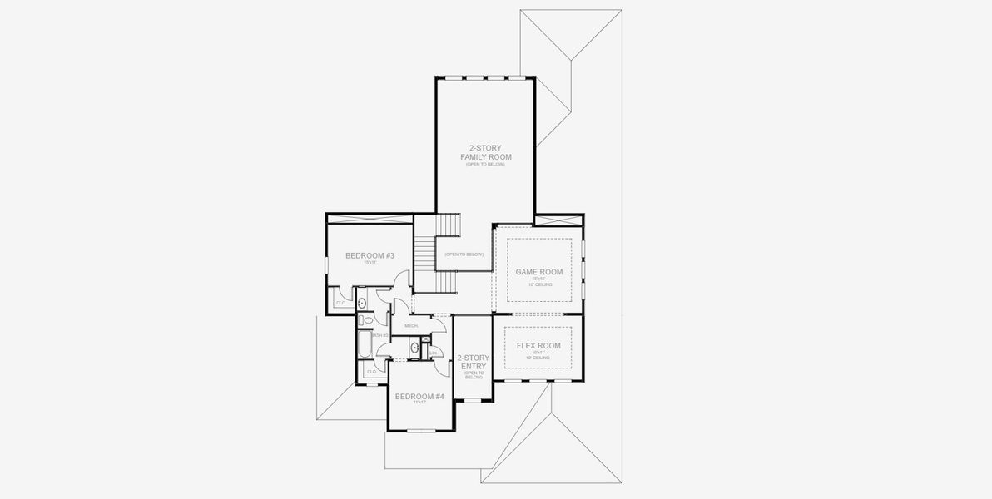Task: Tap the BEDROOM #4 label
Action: click(x=419, y=397)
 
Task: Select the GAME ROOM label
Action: click(x=538, y=272)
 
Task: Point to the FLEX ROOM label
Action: click(x=538, y=345)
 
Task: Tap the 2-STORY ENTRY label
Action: click(x=473, y=363)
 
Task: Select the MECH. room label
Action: click(x=411, y=326)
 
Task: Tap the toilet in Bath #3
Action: click(x=365, y=319)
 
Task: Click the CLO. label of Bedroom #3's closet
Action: click(x=340, y=303)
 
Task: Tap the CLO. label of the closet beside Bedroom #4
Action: click(x=370, y=371)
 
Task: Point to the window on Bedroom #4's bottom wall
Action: click(x=421, y=430)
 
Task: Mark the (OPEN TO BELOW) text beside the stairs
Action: click(x=464, y=254)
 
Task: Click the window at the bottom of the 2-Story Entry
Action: click(x=472, y=401)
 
